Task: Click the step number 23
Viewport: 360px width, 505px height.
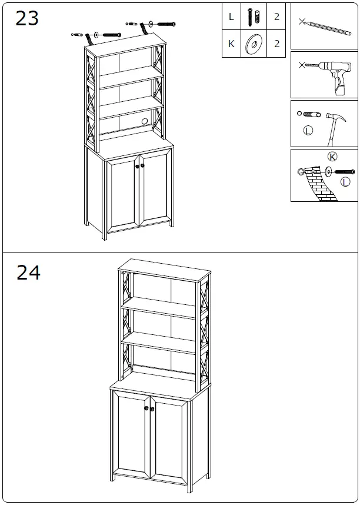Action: tap(27, 18)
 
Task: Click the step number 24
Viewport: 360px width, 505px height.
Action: tap(28, 273)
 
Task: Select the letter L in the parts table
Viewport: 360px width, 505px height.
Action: tap(231, 17)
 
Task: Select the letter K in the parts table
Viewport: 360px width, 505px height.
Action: tap(231, 44)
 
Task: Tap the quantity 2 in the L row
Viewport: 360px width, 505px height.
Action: tap(276, 17)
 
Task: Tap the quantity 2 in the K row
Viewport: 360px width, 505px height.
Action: tap(276, 44)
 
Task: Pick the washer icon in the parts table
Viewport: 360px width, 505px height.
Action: tap(254, 44)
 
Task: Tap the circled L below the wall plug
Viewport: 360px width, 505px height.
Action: tap(307, 131)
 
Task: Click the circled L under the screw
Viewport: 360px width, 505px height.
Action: tap(345, 182)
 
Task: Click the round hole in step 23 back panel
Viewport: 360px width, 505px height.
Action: tap(142, 122)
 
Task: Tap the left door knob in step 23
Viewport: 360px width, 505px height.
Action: tap(137, 166)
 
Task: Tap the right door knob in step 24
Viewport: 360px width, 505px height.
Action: tap(152, 408)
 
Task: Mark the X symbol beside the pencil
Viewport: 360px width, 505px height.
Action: tap(302, 22)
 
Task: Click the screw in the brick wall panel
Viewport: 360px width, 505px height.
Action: tap(343, 172)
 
